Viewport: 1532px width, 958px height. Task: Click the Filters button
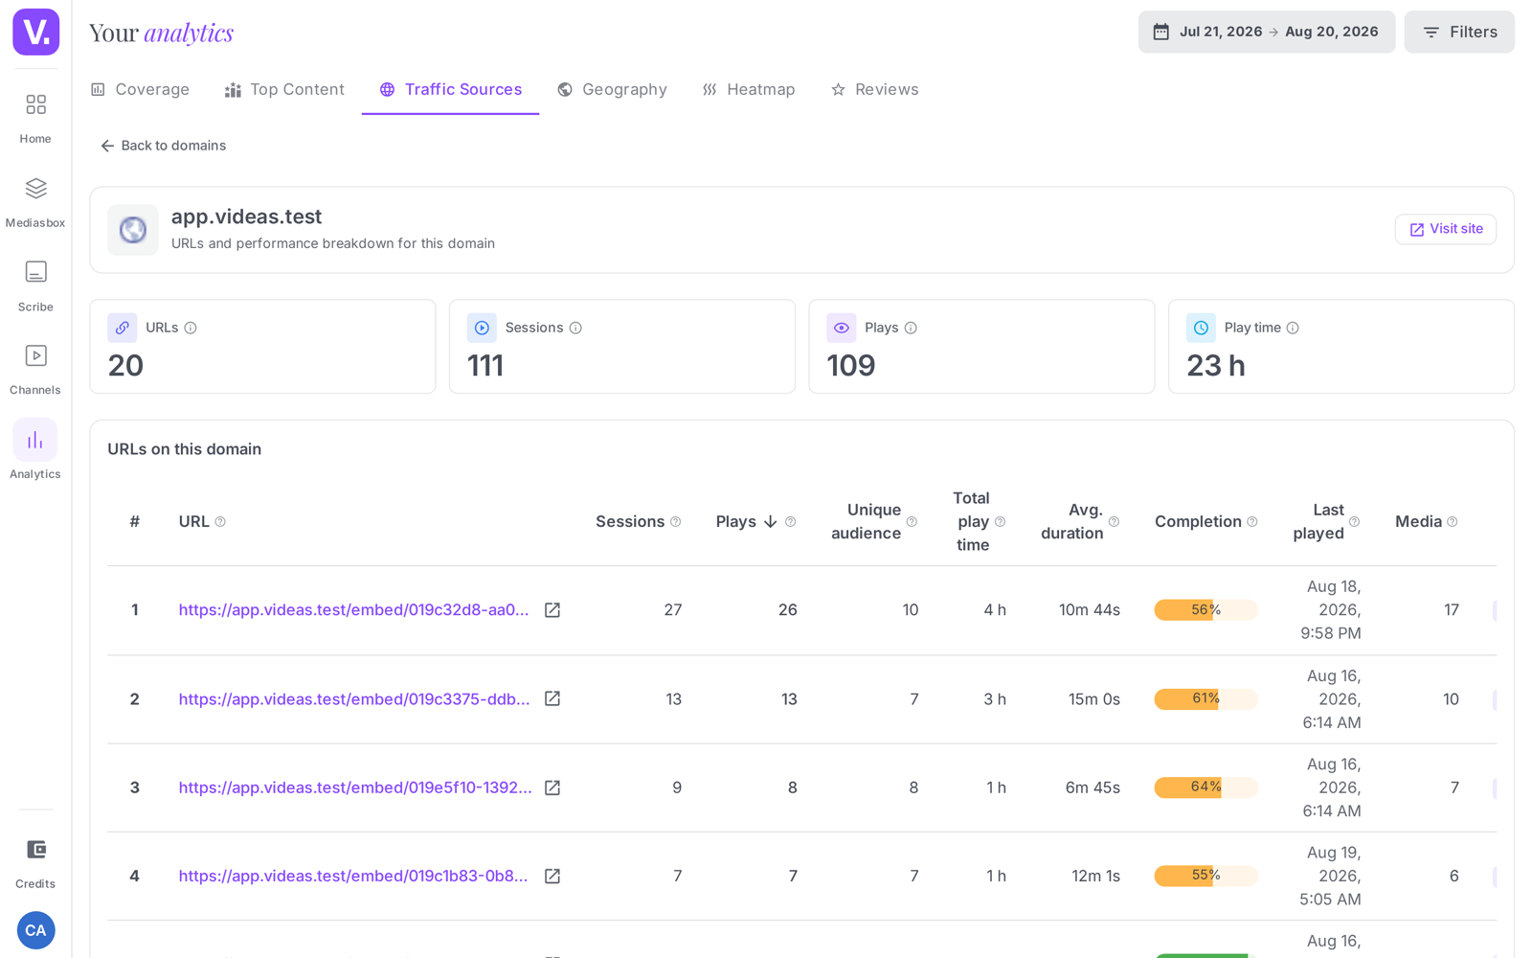[x=1459, y=32]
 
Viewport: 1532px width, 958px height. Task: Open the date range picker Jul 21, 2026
[x=1266, y=32]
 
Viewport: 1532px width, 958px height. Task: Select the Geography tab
[x=612, y=90]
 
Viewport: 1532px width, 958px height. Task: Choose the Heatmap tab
[x=748, y=90]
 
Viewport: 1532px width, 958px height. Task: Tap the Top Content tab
[x=284, y=90]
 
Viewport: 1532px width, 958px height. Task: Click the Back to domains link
[x=163, y=146]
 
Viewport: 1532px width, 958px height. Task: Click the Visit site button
[x=1446, y=229]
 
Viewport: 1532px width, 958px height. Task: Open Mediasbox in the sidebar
[x=35, y=202]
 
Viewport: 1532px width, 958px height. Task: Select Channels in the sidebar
[x=35, y=370]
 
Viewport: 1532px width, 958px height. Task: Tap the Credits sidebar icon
[x=35, y=863]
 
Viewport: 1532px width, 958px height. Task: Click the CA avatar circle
[x=35, y=930]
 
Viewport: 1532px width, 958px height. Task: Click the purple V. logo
[x=35, y=32]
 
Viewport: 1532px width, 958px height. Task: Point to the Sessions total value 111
[x=484, y=365]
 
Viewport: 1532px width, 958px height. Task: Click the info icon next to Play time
[x=1293, y=328]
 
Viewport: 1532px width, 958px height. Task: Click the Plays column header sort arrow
[x=771, y=521]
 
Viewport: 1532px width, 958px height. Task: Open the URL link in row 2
[x=354, y=698]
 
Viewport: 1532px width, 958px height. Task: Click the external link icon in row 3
[x=552, y=787]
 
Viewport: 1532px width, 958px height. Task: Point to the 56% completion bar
[x=1205, y=609]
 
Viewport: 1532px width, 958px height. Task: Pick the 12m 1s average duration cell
[x=1095, y=876]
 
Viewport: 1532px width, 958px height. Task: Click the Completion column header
[x=1198, y=521]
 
